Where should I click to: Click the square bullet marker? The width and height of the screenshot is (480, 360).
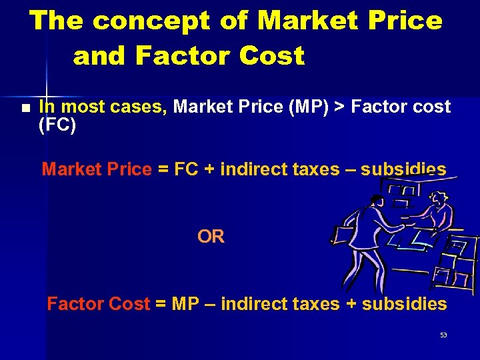coord(25,108)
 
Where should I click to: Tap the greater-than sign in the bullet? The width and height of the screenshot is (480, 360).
coord(341,107)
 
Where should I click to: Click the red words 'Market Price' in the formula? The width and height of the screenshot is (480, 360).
coord(97,169)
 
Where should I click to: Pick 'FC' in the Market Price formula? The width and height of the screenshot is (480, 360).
coord(185,169)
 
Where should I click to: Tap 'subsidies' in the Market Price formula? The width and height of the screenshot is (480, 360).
coord(403,169)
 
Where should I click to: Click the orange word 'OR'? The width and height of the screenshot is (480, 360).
coord(211,237)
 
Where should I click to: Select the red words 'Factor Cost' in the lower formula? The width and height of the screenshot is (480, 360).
coord(98,304)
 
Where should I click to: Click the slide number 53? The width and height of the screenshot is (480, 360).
coord(443,335)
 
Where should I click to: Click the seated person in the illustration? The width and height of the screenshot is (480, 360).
coord(437,213)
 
